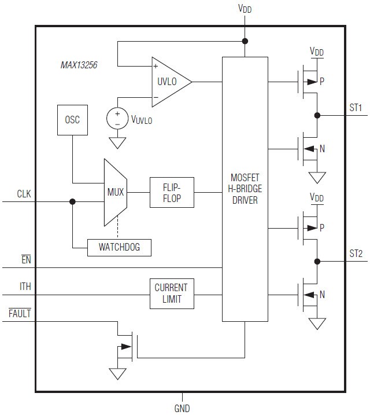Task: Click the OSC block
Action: click(x=72, y=120)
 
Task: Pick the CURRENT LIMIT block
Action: click(x=172, y=293)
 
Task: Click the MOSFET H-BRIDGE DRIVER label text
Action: click(x=245, y=189)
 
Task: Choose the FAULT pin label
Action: click(x=20, y=314)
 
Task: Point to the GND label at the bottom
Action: click(x=182, y=408)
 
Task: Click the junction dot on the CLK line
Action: click(x=72, y=202)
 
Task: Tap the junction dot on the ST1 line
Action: click(x=317, y=115)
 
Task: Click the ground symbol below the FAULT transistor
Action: click(x=118, y=373)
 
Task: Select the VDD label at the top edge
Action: click(x=245, y=9)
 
